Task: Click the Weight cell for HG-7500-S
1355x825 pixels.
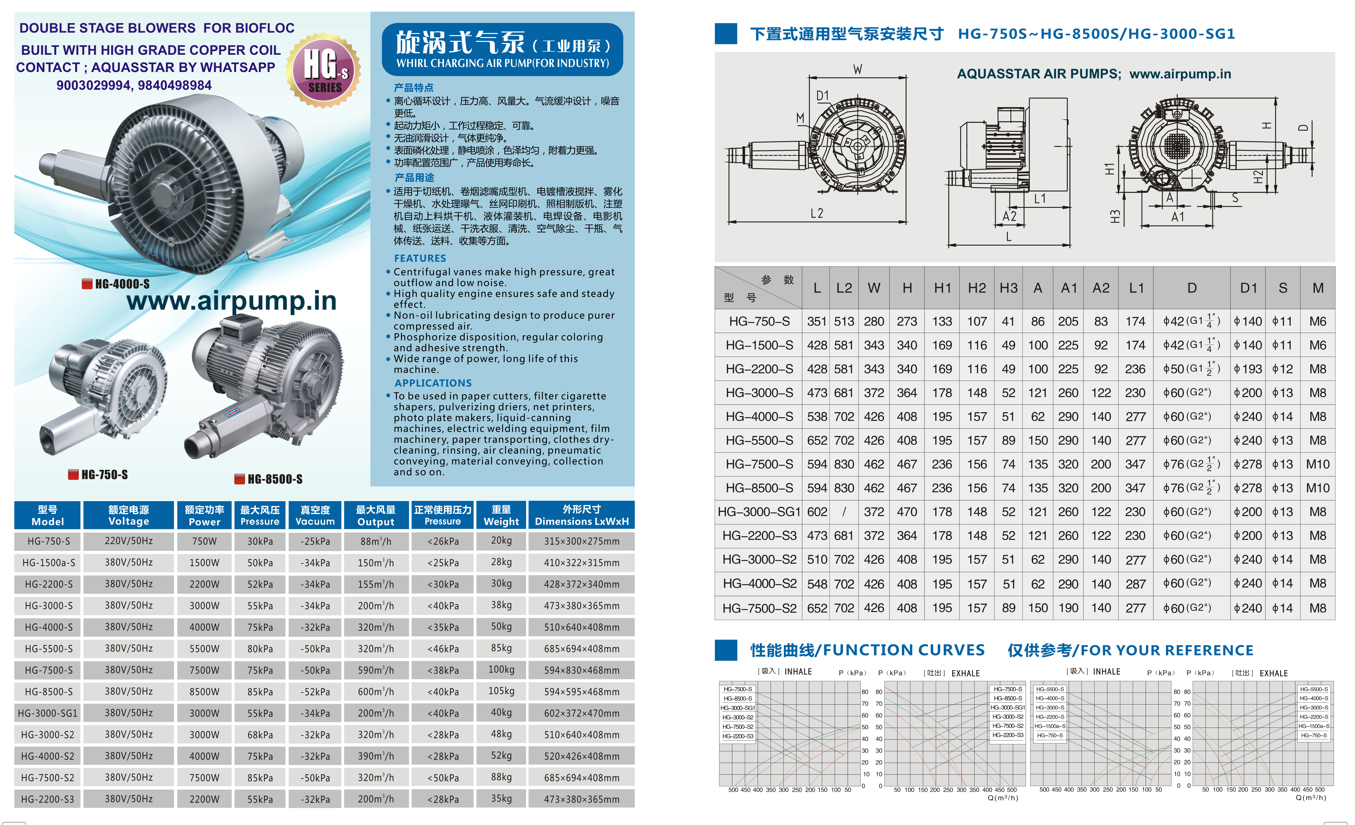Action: tap(501, 669)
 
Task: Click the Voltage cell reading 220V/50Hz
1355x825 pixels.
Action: tap(129, 541)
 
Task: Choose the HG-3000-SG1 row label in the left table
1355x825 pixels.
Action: tap(48, 713)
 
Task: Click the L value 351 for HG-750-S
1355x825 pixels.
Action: tap(817, 322)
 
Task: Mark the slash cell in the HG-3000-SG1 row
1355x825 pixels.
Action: tap(843, 512)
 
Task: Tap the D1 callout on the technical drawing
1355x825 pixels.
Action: tap(822, 96)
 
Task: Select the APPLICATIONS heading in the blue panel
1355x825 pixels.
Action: tap(433, 383)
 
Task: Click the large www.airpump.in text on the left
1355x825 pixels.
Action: tap(232, 301)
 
